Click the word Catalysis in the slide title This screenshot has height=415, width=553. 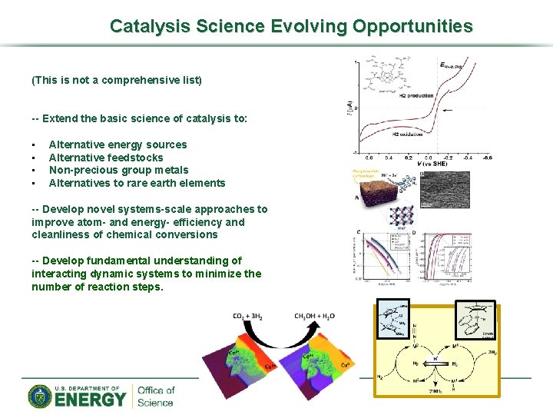(x=147, y=26)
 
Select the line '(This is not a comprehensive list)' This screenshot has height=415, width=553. (x=116, y=80)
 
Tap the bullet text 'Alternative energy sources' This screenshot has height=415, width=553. (x=118, y=144)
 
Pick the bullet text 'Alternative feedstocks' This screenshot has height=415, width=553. (x=106, y=158)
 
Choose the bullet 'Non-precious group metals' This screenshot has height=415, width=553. (x=118, y=170)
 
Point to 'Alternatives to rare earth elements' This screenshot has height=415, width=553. (x=137, y=183)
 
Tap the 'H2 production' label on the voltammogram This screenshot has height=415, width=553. (x=416, y=96)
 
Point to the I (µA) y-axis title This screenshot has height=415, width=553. (x=350, y=108)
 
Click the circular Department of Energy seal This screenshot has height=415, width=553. (x=40, y=397)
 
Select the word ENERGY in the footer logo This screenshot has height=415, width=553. (x=90, y=400)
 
